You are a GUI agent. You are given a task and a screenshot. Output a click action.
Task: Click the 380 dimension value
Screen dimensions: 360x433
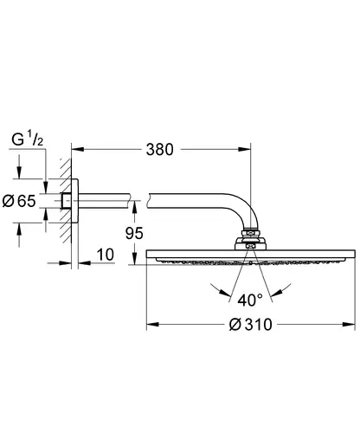pos(159,150)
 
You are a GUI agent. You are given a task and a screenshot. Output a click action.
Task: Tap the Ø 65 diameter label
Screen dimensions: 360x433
pos(19,201)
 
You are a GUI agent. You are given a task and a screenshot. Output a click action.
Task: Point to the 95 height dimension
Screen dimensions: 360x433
pos(134,233)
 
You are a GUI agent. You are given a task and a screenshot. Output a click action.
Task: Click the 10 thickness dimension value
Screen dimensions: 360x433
pos(106,255)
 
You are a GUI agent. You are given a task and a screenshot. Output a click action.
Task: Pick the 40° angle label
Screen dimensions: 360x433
pos(250,300)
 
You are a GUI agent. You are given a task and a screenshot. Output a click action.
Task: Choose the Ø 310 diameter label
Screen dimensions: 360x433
pos(251,324)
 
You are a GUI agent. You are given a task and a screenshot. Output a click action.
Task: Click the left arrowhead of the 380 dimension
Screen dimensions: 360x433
pos(78,149)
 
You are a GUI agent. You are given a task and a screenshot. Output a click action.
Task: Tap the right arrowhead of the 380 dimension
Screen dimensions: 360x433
pos(245,149)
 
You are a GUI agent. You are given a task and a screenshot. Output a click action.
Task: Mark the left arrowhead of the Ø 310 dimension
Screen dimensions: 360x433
pos(152,325)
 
